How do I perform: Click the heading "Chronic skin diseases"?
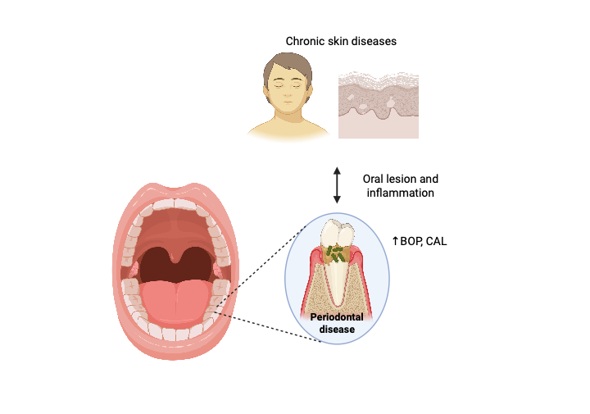click(x=341, y=41)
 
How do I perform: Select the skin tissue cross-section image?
click(x=378, y=103)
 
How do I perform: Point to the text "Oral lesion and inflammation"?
click(x=400, y=186)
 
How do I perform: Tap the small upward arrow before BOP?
click(x=395, y=241)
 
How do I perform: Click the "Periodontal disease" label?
click(x=337, y=323)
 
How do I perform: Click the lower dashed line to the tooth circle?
click(x=270, y=327)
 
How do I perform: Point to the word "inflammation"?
click(x=400, y=193)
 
